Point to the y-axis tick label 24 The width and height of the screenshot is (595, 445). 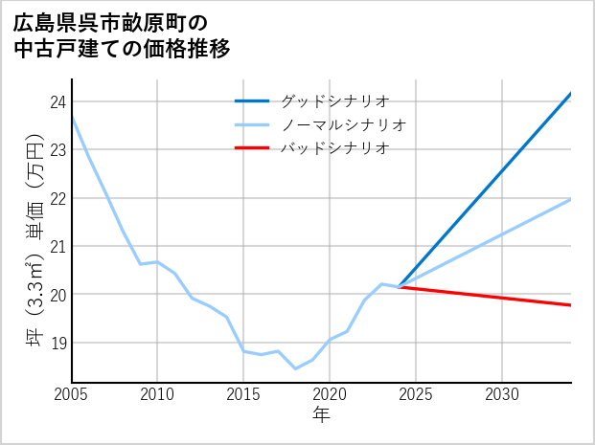[x=57, y=102]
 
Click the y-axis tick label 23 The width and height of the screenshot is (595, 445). [x=57, y=150]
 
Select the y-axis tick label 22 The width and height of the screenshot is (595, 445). [x=57, y=198]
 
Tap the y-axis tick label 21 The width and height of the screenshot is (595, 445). [x=57, y=246]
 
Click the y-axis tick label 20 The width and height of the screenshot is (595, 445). [x=57, y=295]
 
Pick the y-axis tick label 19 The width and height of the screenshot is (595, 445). [x=57, y=343]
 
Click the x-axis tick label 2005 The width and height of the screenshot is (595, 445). [x=72, y=394]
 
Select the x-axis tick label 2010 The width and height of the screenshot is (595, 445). [x=157, y=394]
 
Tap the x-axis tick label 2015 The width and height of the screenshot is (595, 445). [x=243, y=394]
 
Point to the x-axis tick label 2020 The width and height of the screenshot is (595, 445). [x=330, y=394]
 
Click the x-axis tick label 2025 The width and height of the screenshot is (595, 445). [x=416, y=394]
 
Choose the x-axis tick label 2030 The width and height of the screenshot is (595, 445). [x=502, y=394]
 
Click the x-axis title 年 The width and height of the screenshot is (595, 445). [x=321, y=415]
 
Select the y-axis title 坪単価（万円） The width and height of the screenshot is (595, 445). [x=34, y=239]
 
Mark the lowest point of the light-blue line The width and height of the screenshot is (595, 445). [x=295, y=368]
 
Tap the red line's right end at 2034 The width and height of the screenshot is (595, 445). [x=571, y=305]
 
